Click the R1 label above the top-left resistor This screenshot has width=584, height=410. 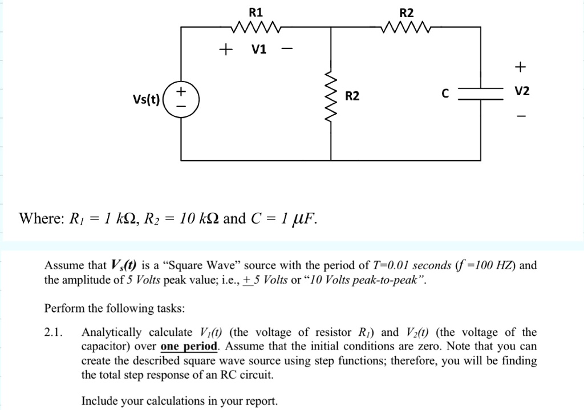(256, 12)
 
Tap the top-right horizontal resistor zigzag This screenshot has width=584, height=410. (406, 27)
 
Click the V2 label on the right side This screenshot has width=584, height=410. (521, 91)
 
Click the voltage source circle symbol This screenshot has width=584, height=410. (181, 98)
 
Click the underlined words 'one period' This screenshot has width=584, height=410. (189, 347)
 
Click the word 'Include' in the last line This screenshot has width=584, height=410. (101, 401)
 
